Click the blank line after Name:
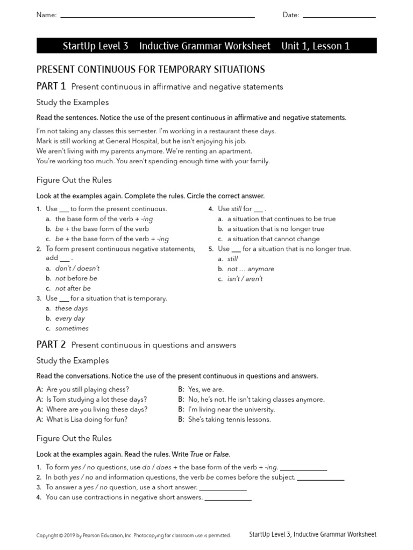click(x=157, y=16)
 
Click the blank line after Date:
click(x=339, y=16)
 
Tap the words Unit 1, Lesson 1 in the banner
click(x=315, y=46)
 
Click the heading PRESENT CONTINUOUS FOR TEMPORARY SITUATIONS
click(x=150, y=69)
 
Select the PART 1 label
click(x=51, y=86)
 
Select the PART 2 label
click(x=51, y=344)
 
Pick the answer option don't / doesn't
click(x=77, y=268)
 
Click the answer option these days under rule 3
click(x=71, y=308)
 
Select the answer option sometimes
click(x=72, y=328)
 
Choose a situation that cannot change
click(x=273, y=239)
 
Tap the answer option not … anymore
click(x=251, y=269)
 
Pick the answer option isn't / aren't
click(x=245, y=279)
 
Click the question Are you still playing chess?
click(x=88, y=389)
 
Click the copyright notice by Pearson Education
click(x=133, y=535)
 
